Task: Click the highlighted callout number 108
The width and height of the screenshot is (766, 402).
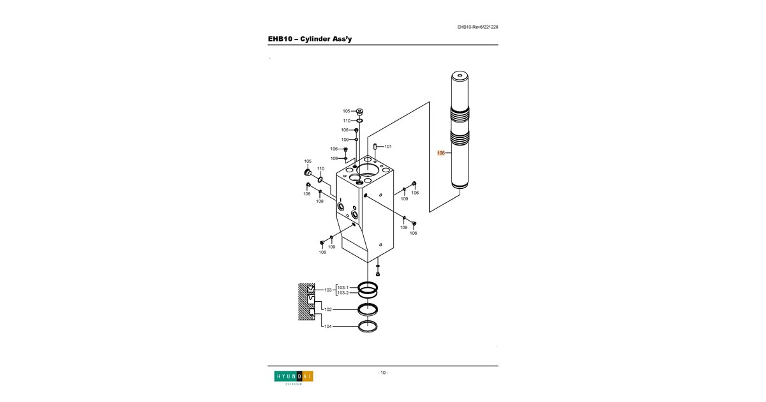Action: [x=441, y=153]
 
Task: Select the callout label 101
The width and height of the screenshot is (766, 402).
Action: [x=388, y=147]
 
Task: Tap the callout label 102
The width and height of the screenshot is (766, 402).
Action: [x=328, y=309]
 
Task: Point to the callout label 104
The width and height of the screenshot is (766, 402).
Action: [x=328, y=327]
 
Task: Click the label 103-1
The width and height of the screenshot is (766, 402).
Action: [x=343, y=288]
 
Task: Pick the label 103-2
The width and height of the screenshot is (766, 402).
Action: [x=343, y=293]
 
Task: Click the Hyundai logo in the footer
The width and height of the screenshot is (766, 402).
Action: [x=294, y=378]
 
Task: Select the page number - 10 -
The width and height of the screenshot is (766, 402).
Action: [x=383, y=373]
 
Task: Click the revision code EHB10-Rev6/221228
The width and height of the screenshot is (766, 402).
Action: [x=477, y=27]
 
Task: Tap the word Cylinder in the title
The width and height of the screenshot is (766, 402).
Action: [x=316, y=39]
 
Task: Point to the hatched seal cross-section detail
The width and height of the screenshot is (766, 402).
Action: [x=306, y=302]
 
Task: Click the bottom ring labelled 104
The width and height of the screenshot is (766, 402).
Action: [x=368, y=327]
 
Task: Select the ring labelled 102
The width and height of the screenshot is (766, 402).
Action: [x=368, y=309]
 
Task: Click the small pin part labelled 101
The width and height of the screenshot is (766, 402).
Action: [x=375, y=146]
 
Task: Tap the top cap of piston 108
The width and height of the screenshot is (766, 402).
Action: [x=460, y=75]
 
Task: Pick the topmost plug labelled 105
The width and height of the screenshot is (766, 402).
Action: [x=359, y=112]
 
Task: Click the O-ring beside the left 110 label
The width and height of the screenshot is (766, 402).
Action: [x=320, y=179]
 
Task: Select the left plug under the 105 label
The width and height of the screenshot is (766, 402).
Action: [x=308, y=172]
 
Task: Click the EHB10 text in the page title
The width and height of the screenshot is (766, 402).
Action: [x=280, y=39]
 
